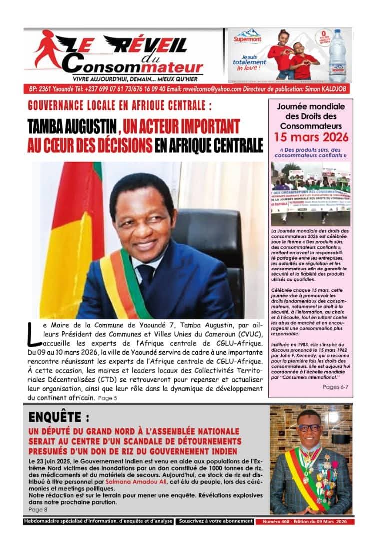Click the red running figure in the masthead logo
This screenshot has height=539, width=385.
point(48,52)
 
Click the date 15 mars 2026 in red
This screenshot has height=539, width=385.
point(310,137)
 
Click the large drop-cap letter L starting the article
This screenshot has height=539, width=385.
point(33,334)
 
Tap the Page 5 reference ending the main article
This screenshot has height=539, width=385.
point(108,398)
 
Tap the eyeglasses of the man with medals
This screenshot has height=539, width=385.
point(309,428)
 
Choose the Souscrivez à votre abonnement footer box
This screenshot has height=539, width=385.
point(216,521)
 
